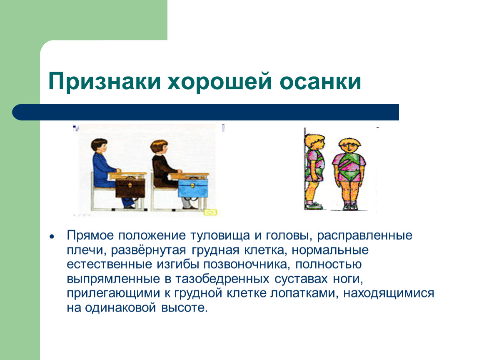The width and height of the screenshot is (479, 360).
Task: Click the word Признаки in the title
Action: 105,82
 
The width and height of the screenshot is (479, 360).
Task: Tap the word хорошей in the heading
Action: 220,81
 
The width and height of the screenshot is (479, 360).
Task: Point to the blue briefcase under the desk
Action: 193,188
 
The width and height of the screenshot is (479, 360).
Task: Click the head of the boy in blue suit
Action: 100,146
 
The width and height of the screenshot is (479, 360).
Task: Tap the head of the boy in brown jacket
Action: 159,147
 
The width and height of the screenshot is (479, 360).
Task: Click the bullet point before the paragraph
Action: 52,237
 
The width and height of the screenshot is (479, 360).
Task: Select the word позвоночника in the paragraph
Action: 246,264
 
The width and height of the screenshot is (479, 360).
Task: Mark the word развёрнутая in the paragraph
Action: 148,250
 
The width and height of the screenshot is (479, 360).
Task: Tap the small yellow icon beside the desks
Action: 210,212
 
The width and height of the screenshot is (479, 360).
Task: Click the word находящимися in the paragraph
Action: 389,293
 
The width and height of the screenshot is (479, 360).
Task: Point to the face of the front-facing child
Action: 349,148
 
